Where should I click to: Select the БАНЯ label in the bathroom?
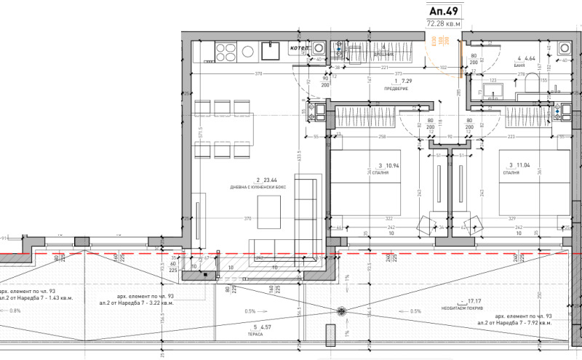coord(519,65)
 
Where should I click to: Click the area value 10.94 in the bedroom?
coord(384,166)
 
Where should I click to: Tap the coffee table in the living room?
coord(268,221)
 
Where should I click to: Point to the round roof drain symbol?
coord(339,312)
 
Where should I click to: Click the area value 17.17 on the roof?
coord(476,300)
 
